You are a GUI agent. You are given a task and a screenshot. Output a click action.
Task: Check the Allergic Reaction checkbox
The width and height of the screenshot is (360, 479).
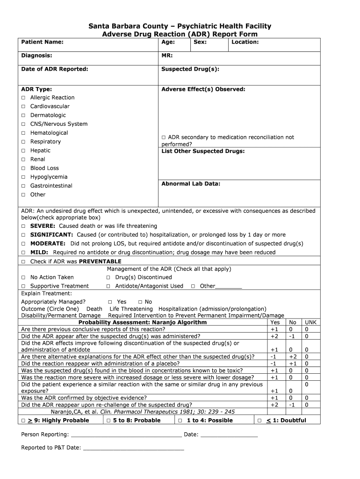point(23,98)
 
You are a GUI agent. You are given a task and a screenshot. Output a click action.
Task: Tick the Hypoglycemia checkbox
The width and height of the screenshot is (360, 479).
point(23,177)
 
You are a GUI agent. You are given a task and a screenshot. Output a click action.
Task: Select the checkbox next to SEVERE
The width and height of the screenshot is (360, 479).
point(23,226)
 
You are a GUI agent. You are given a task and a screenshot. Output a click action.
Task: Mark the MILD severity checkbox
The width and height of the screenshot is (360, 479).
point(23,253)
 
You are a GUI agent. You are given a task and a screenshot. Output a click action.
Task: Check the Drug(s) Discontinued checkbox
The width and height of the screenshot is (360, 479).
point(108,277)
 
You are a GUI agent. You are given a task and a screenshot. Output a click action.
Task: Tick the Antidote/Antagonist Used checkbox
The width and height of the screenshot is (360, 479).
point(108,286)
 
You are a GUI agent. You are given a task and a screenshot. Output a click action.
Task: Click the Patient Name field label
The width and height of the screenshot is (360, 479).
point(42,42)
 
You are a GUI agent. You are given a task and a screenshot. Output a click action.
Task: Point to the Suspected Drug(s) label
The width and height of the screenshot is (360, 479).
point(190,69)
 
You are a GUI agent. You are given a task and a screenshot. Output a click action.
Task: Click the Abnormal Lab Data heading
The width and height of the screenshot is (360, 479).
point(190,184)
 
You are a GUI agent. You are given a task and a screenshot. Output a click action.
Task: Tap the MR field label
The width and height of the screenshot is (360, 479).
point(167,56)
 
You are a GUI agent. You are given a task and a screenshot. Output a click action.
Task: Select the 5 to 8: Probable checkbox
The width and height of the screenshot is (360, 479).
point(108,421)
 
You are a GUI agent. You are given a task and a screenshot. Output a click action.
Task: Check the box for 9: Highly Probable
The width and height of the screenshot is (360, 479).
point(23,421)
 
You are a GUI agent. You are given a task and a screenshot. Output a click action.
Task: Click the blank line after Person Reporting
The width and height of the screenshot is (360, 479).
point(126,435)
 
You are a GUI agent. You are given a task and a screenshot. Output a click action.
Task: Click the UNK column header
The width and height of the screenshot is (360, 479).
point(310,322)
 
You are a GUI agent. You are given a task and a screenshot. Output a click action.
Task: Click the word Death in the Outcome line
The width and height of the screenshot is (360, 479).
point(94,309)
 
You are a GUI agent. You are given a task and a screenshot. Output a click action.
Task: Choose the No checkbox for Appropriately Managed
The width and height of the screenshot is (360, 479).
point(140,302)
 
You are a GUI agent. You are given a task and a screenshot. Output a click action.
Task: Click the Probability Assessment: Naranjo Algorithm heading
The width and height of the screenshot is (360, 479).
point(142,322)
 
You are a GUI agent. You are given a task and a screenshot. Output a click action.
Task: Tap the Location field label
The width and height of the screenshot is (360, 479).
point(245,42)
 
